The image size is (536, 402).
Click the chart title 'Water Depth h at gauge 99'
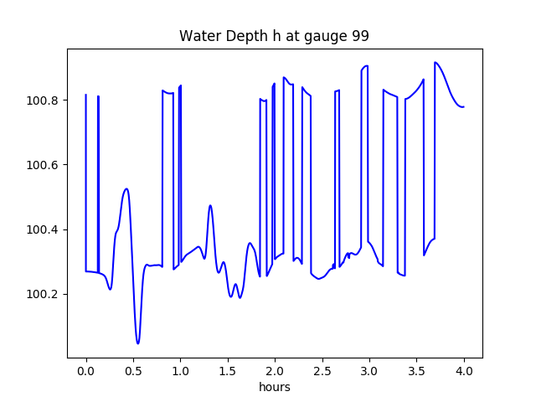(x=275, y=36)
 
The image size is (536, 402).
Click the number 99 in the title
(x=361, y=36)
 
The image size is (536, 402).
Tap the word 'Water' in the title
(x=198, y=36)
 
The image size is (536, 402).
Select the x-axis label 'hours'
(x=275, y=387)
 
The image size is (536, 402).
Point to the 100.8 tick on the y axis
(x=43, y=100)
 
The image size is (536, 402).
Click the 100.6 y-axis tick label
(x=43, y=165)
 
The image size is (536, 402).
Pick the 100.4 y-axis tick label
(x=43, y=229)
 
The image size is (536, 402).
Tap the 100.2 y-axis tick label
(x=43, y=294)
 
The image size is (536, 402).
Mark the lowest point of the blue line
(x=138, y=343)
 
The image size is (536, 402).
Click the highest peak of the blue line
(x=435, y=62)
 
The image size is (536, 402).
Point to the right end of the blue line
(x=464, y=107)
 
